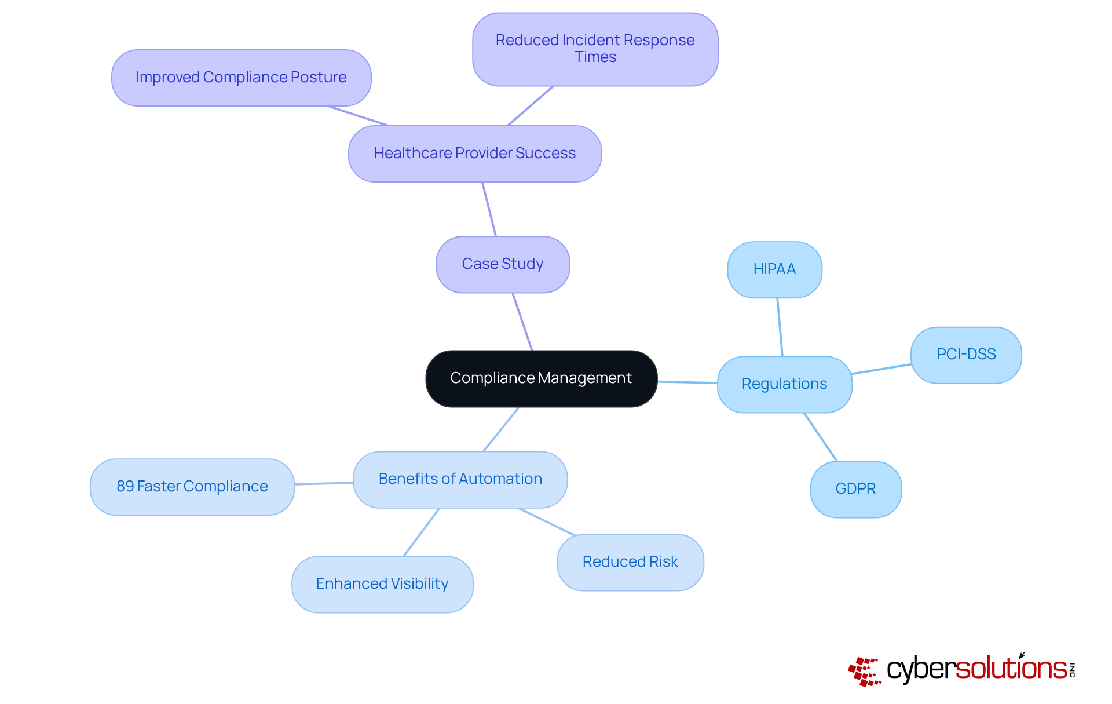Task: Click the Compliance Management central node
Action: pyautogui.click(x=541, y=378)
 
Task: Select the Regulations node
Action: pyautogui.click(x=784, y=384)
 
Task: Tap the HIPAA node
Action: pyautogui.click(x=774, y=269)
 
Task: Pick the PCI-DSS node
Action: pyautogui.click(x=966, y=355)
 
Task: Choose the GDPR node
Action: pyautogui.click(x=855, y=489)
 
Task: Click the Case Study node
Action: pyautogui.click(x=502, y=264)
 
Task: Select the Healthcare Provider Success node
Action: pyautogui.click(x=474, y=154)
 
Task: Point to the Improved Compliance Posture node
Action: pyautogui.click(x=241, y=78)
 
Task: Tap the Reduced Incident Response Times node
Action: pyautogui.click(x=595, y=49)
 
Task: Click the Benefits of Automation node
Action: pyautogui.click(x=460, y=479)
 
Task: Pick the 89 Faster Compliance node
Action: pyautogui.click(x=192, y=487)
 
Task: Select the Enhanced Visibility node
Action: pyautogui.click(x=382, y=584)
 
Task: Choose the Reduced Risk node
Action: pyautogui.click(x=630, y=562)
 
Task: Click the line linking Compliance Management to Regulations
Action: pyautogui.click(x=687, y=382)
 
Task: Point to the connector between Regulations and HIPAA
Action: pyautogui.click(x=780, y=327)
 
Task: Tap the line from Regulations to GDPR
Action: pyautogui.click(x=821, y=437)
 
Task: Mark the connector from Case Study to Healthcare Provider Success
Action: pyautogui.click(x=489, y=209)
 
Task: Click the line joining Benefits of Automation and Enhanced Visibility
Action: pyautogui.click(x=422, y=532)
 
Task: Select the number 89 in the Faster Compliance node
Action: pyautogui.click(x=125, y=487)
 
